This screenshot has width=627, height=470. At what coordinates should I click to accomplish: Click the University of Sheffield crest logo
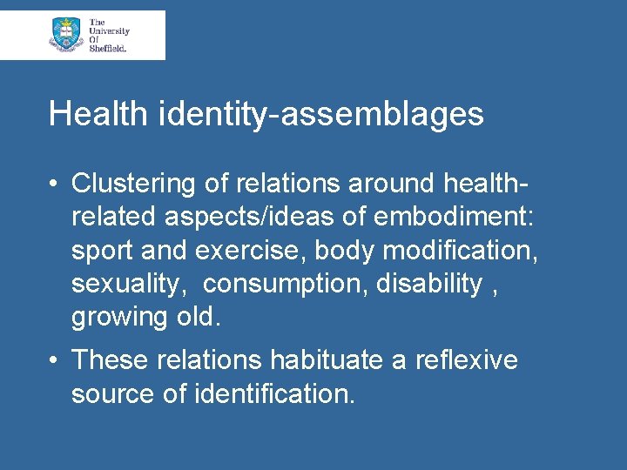[66, 34]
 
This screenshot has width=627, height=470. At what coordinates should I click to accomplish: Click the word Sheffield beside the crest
[108, 49]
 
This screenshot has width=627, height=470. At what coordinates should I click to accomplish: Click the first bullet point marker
[54, 184]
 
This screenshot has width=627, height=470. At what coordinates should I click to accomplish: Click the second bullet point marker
[54, 359]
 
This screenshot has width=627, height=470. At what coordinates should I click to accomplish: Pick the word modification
[461, 251]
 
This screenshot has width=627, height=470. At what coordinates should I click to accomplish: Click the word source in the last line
[112, 393]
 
